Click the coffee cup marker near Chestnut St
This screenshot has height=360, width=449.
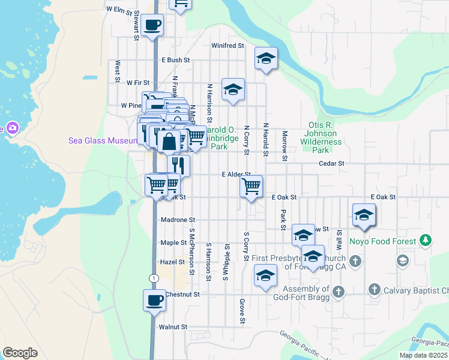(x=154, y=299)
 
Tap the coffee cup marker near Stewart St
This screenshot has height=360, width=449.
(x=152, y=25)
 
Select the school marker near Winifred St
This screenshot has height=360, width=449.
(x=266, y=58)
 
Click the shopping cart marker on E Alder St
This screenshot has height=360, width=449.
(x=252, y=185)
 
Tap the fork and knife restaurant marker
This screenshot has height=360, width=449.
(x=178, y=165)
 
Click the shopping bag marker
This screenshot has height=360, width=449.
(x=169, y=142)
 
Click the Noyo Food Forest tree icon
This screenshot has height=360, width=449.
(x=426, y=241)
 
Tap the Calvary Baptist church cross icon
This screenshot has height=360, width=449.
(x=375, y=290)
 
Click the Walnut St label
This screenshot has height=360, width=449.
(x=173, y=327)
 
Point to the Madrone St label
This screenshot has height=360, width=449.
(x=178, y=220)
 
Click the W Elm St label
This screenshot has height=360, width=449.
(x=118, y=9)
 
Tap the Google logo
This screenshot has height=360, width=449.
(x=20, y=353)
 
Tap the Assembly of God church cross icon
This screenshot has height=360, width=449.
(x=339, y=292)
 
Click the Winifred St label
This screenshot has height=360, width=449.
(x=228, y=46)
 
